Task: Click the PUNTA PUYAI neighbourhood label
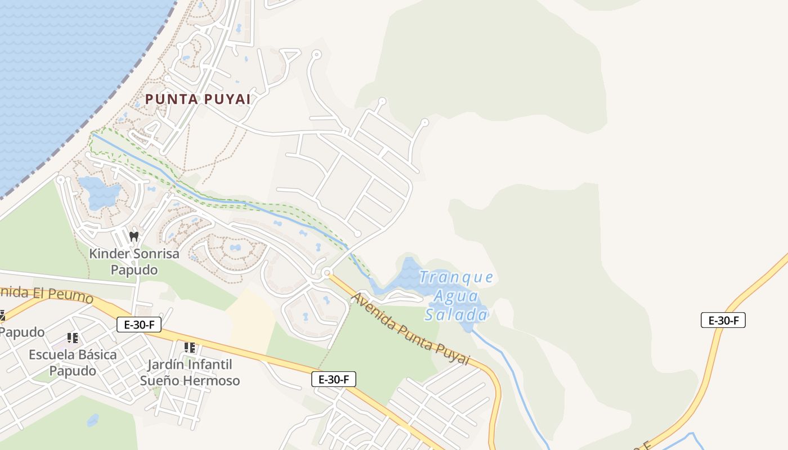pos(198,99)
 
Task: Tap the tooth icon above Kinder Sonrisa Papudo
pos(134,236)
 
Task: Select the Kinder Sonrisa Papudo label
pos(134,262)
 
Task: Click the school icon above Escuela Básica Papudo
pos(73,337)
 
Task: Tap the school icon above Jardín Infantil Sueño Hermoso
pos(190,348)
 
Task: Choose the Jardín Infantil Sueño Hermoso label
pos(190,372)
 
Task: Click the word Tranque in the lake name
pos(456,277)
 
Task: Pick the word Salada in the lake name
pos(456,314)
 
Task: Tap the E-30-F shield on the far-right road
pos(723,321)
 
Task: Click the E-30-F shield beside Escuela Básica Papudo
pos(138,325)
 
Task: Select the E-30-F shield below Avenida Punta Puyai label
pos(333,379)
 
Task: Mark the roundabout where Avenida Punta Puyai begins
pos(326,273)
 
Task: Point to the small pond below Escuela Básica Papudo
pos(93,420)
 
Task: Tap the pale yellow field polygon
pos(250,321)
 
